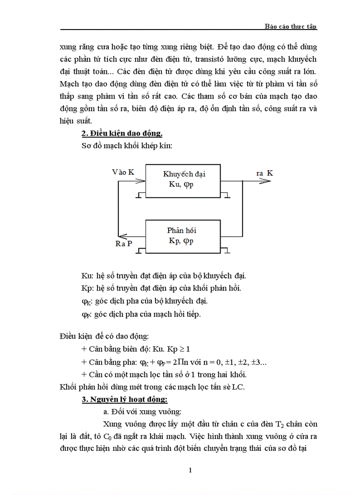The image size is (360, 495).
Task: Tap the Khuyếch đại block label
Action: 184,174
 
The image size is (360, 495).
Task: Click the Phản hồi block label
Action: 181,231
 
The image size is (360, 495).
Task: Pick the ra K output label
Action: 264,173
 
